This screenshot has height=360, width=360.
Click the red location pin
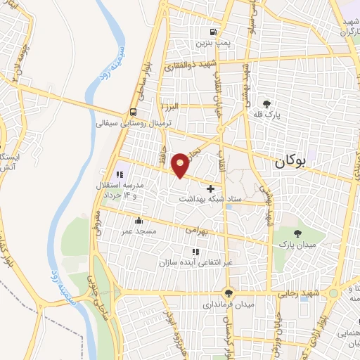point(181,165)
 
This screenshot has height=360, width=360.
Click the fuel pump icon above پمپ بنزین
point(213,32)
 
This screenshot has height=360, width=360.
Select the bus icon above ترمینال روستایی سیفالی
point(134,112)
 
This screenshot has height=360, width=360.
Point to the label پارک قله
point(266,114)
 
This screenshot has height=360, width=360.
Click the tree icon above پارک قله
point(266,103)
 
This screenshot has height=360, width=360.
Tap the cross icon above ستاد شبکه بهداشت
point(211,188)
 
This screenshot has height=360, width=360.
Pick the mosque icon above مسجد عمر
point(139,220)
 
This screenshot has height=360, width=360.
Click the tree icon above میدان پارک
point(298,233)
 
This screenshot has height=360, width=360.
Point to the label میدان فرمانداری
point(229,305)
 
